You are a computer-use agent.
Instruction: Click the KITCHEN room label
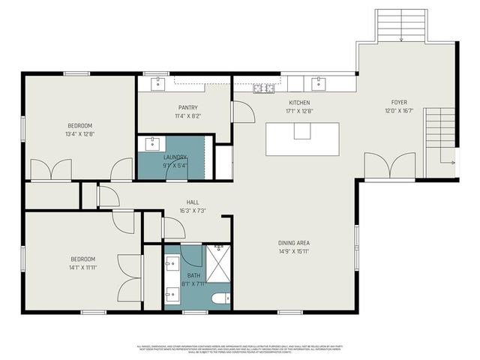(x=299, y=103)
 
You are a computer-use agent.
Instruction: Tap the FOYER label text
(x=399, y=103)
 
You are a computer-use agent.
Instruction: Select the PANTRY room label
(x=187, y=108)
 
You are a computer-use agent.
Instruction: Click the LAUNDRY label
(x=175, y=157)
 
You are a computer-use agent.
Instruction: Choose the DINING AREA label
(x=294, y=243)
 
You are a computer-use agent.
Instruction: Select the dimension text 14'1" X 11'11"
(x=82, y=267)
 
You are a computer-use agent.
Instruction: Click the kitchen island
(x=302, y=139)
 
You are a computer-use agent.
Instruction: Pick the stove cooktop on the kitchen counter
(x=263, y=89)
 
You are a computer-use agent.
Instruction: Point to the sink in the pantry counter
(x=158, y=82)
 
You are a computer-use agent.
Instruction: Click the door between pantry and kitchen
(x=242, y=112)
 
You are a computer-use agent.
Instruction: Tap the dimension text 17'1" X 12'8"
(x=299, y=111)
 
